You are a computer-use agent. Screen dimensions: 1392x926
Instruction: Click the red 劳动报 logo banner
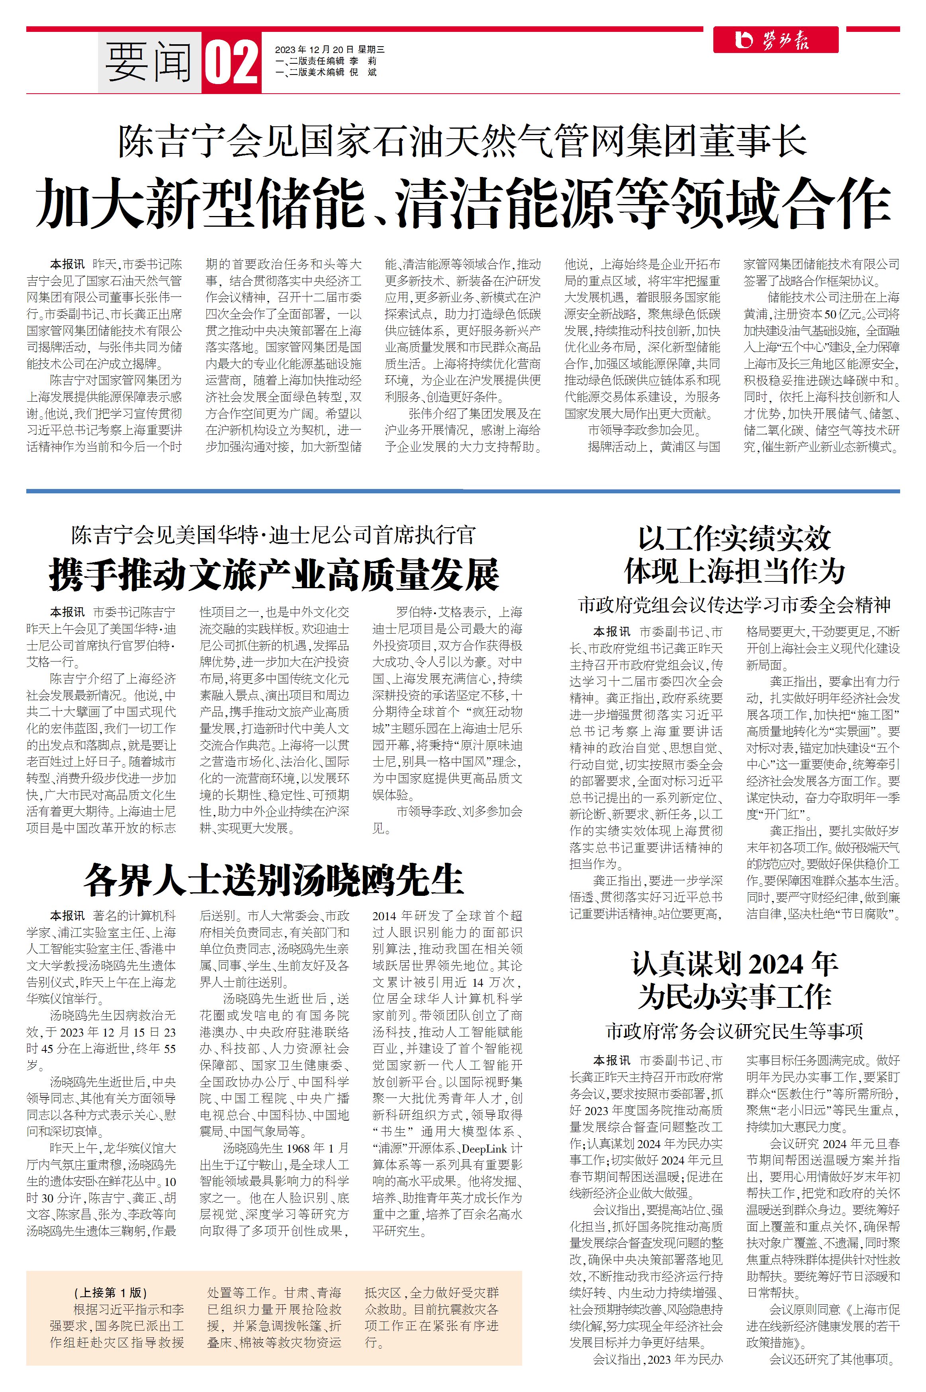coord(775,40)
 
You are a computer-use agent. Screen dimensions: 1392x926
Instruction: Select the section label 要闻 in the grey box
coord(149,63)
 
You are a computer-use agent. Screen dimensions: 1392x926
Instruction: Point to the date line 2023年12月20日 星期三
coord(329,50)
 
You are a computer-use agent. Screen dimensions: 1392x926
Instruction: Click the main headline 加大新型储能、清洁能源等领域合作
coord(463,204)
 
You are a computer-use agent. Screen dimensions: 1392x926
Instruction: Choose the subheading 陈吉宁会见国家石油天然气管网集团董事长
coord(463,142)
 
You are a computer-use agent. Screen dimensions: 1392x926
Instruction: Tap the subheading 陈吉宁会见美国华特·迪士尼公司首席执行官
coord(274,535)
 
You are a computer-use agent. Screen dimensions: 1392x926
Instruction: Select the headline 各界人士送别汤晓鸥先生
coord(274,880)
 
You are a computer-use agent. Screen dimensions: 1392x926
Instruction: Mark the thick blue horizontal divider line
coord(463,491)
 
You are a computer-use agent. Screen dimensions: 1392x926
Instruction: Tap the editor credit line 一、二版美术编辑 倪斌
coord(325,72)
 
